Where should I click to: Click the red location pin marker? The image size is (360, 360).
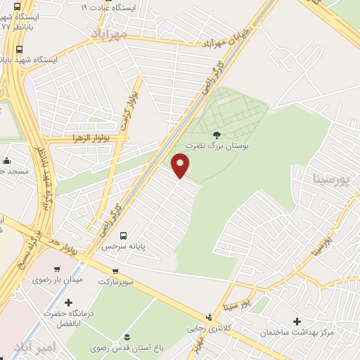[x=181, y=165]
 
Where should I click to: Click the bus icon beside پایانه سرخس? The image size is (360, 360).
[x=124, y=236]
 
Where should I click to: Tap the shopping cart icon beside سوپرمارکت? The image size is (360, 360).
[x=115, y=270]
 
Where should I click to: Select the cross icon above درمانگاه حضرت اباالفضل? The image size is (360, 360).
[x=68, y=303]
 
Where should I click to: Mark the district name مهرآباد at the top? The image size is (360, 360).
[x=112, y=33]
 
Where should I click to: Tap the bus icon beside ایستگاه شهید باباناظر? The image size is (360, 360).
[x=19, y=50]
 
